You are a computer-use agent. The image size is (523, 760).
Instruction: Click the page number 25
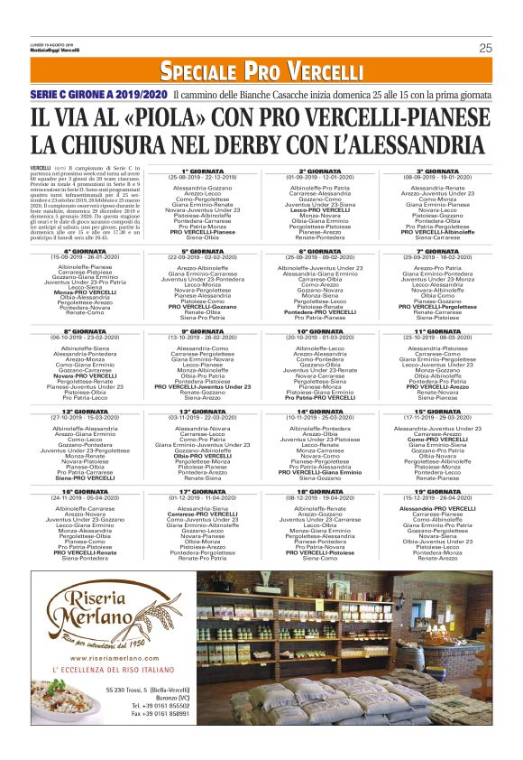click(484, 48)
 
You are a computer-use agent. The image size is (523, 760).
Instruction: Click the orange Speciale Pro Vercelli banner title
click(261, 71)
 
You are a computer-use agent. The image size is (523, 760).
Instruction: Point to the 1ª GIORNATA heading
click(203, 170)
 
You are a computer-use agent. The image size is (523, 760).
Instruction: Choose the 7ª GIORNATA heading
click(436, 251)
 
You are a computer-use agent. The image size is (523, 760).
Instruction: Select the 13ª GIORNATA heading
click(203, 411)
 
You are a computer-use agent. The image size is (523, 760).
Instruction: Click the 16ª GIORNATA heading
click(87, 491)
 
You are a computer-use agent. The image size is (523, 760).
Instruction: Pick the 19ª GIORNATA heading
click(436, 491)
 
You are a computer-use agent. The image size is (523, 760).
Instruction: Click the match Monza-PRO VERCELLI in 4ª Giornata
click(87, 292)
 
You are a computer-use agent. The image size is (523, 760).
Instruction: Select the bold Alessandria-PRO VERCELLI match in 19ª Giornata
click(436, 508)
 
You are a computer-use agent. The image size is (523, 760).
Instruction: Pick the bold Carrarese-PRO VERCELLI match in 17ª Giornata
click(203, 514)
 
